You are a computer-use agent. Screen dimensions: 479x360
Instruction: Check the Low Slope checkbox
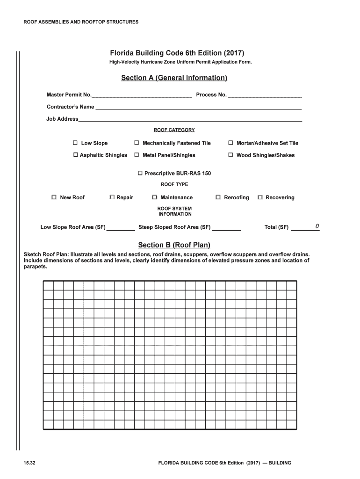pyautogui.click(x=75, y=143)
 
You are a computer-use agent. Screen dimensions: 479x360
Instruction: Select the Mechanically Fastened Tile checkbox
pyautogui.click(x=137, y=143)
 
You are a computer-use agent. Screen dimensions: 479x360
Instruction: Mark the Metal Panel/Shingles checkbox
pyautogui.click(x=137, y=155)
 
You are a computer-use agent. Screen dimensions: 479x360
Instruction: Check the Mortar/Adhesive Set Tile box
pyautogui.click(x=230, y=143)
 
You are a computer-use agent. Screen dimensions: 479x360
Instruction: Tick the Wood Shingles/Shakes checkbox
pyautogui.click(x=230, y=155)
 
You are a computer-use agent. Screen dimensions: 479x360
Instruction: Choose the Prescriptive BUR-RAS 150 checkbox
pyautogui.click(x=140, y=173)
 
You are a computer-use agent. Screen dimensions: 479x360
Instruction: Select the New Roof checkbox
pyautogui.click(x=54, y=197)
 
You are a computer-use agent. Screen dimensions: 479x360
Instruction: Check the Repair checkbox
pyautogui.click(x=112, y=197)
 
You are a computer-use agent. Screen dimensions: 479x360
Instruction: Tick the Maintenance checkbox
pyautogui.click(x=155, y=197)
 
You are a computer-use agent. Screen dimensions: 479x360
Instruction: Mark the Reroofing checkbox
pyautogui.click(x=218, y=197)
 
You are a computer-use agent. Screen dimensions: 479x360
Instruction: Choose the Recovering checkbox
pyautogui.click(x=260, y=197)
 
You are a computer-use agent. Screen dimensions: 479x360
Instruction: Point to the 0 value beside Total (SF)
pyautogui.click(x=317, y=227)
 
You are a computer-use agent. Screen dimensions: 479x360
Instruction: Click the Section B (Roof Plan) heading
pyautogui.click(x=174, y=245)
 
